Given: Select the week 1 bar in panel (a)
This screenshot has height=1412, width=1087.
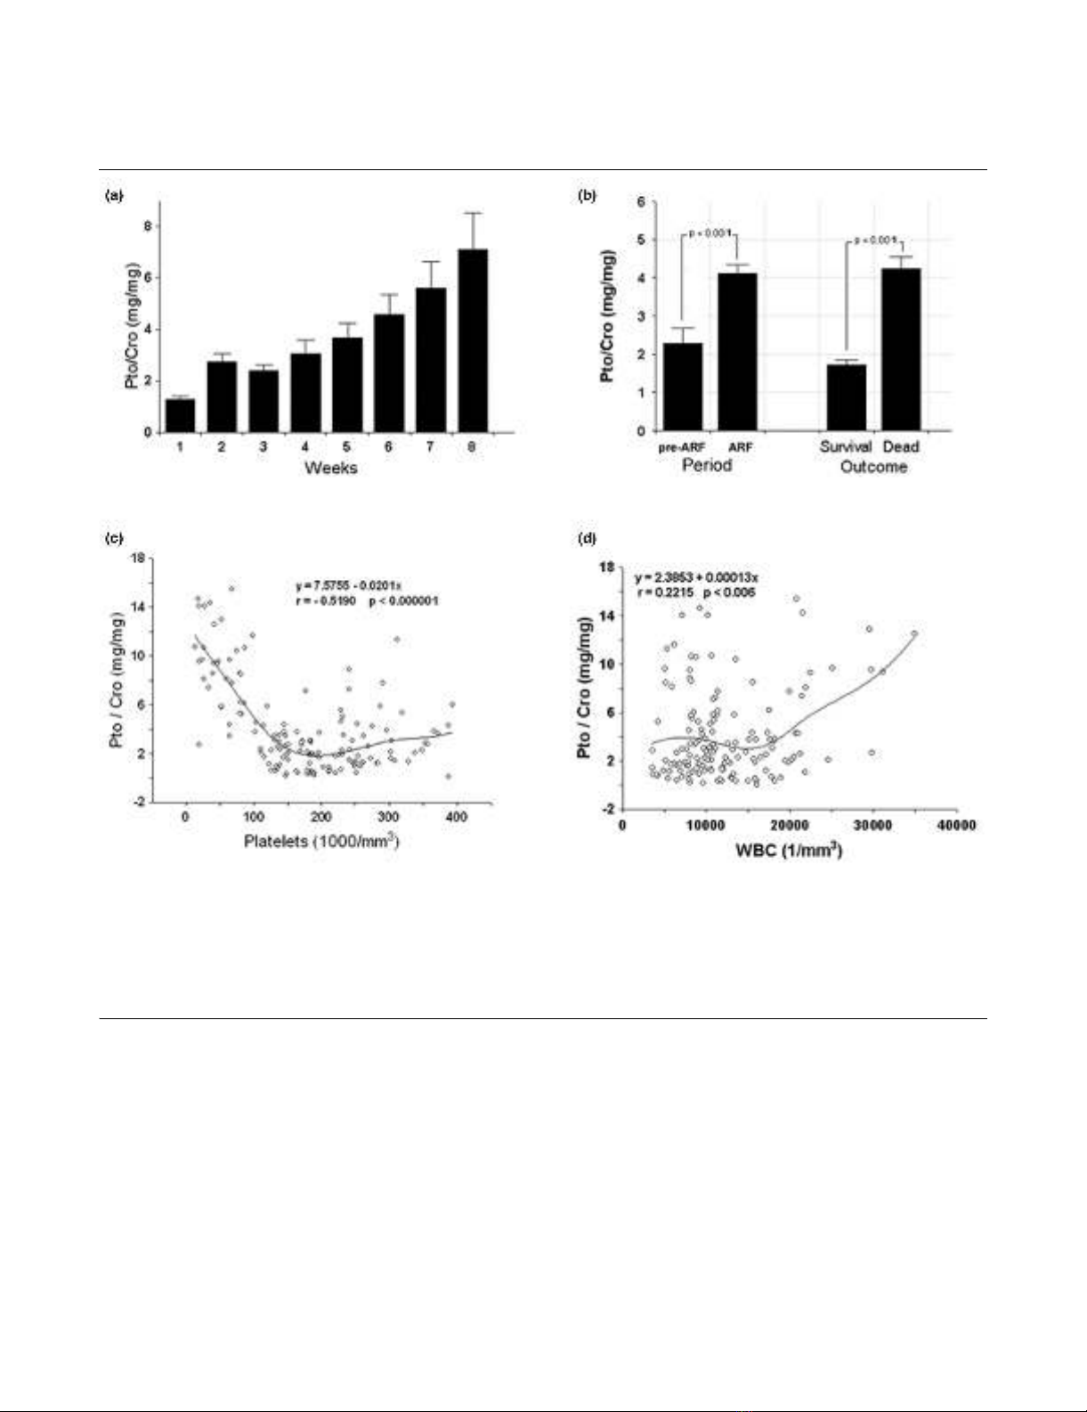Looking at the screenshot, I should [180, 415].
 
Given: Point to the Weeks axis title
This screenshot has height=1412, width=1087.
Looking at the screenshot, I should [330, 468].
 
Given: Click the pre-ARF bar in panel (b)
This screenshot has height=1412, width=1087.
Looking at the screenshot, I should [682, 387].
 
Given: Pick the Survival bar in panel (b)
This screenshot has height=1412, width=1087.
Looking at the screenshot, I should [846, 397].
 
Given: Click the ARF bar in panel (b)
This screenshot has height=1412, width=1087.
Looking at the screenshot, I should [737, 352].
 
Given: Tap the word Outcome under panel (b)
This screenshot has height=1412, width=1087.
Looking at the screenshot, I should [873, 467].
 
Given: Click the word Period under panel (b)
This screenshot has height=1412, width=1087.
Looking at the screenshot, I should [707, 465].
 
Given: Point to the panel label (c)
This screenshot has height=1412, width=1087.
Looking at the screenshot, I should [114, 538].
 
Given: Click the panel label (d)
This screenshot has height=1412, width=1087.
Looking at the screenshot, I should [588, 538].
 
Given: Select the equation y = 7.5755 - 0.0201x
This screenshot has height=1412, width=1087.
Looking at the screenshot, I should [349, 585].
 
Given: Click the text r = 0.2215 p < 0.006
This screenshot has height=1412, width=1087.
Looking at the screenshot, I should [696, 592].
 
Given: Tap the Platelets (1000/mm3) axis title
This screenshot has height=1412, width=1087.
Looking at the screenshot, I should [321, 840].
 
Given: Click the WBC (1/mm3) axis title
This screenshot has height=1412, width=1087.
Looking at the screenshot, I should [789, 849].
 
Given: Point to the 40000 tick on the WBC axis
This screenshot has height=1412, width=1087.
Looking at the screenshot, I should [956, 825].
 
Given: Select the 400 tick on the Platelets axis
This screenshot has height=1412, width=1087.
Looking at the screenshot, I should [456, 817].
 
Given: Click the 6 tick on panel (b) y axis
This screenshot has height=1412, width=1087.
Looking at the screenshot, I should [641, 201].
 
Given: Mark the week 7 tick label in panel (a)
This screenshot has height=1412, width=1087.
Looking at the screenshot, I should [430, 446].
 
